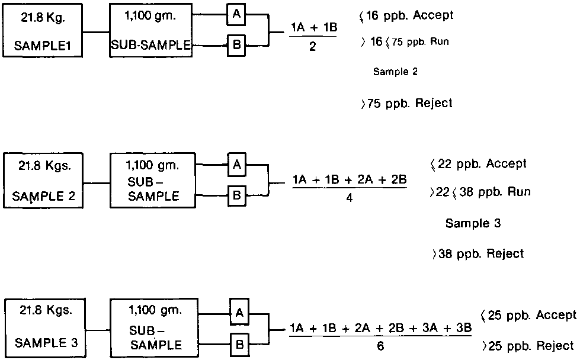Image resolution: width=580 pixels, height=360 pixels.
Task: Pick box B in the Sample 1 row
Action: [236, 45]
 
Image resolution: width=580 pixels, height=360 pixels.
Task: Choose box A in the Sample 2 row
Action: [236, 166]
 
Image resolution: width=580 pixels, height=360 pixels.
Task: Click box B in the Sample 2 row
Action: [236, 195]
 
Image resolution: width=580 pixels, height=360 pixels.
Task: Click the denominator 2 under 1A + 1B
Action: [312, 47]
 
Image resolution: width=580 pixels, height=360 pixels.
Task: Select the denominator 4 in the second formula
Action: [350, 198]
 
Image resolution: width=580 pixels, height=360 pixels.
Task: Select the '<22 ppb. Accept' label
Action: [479, 164]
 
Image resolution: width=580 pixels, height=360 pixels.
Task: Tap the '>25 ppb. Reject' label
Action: [528, 345]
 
